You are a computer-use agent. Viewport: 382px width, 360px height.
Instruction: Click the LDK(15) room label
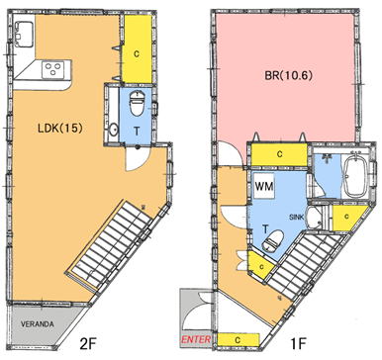(x=59, y=128)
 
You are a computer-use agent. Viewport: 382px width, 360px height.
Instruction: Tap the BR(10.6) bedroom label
(x=288, y=75)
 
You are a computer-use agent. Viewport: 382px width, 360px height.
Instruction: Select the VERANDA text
(x=38, y=324)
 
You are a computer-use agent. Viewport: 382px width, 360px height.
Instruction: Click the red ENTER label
(x=196, y=339)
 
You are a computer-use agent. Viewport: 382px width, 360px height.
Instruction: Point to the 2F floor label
(x=87, y=344)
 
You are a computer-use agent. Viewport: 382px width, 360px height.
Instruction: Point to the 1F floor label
(x=299, y=344)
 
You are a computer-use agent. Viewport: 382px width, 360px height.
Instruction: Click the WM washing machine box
(x=264, y=186)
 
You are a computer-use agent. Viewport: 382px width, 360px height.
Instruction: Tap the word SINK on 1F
(x=296, y=218)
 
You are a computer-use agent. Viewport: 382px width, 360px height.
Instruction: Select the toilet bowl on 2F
(x=137, y=102)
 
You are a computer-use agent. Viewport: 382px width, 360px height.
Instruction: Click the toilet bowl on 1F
(x=272, y=241)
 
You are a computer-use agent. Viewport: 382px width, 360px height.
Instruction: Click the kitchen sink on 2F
(x=24, y=34)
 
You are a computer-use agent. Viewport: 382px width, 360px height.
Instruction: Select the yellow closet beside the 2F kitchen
(x=138, y=49)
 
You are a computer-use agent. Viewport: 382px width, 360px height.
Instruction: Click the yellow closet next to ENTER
(x=239, y=340)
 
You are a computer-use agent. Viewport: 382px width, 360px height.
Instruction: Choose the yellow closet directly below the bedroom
(x=279, y=154)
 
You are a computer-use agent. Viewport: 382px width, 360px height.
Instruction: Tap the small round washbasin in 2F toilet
(x=114, y=130)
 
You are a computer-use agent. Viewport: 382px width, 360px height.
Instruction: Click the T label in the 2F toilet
(x=137, y=132)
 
